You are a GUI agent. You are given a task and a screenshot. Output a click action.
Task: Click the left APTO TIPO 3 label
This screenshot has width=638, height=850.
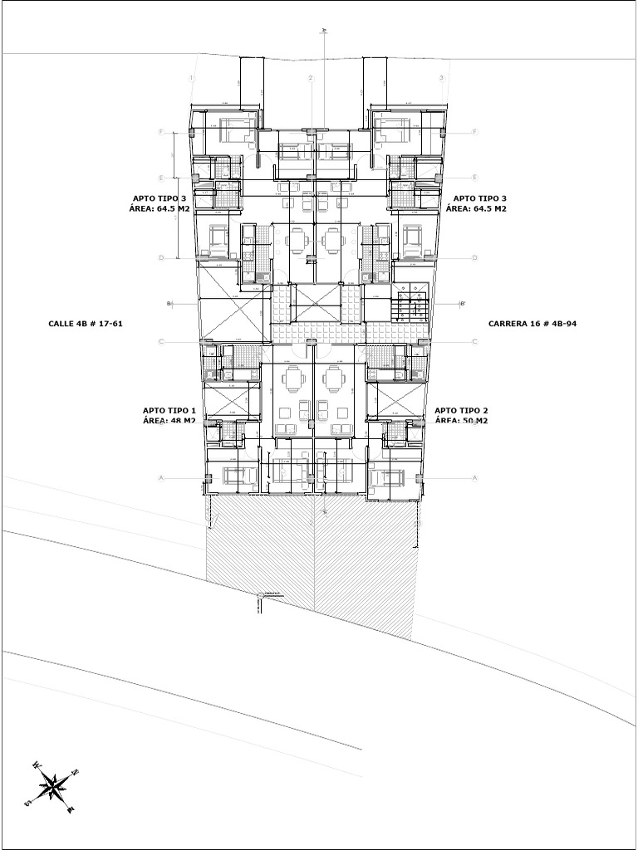[160, 198]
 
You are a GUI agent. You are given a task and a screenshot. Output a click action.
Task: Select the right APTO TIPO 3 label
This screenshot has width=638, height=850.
[479, 198]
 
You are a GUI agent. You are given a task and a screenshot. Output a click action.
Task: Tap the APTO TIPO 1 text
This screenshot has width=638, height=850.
[169, 410]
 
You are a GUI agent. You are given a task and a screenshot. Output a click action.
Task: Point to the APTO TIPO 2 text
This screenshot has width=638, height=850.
[461, 410]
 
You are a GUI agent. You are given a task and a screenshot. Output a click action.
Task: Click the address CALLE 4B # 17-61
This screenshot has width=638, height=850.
[86, 323]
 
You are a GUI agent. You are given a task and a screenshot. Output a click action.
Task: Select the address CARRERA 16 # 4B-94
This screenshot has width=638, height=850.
[532, 323]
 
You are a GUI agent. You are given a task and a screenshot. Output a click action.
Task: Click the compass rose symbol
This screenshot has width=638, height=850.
[53, 785]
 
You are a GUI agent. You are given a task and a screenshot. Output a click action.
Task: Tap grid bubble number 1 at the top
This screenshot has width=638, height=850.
[191, 78]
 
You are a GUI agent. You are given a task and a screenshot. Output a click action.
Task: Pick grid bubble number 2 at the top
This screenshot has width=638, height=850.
[311, 78]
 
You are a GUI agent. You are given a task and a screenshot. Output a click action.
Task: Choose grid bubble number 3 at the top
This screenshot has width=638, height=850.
[442, 78]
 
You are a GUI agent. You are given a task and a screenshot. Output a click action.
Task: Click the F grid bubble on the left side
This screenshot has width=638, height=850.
[162, 132]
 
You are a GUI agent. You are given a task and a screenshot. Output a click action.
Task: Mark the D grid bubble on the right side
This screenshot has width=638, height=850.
[474, 257]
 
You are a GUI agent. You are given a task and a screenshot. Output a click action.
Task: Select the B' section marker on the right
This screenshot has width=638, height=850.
[463, 304]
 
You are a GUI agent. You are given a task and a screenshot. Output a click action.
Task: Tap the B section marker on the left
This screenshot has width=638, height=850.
[169, 304]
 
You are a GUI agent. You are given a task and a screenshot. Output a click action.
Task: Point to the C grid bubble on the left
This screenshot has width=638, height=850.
[162, 341]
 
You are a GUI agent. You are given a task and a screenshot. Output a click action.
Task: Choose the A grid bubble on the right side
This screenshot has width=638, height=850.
[474, 478]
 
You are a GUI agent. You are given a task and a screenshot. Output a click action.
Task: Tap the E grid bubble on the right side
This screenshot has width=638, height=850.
[474, 178]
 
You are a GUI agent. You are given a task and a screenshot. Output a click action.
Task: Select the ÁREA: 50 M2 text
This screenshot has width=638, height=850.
[461, 421]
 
